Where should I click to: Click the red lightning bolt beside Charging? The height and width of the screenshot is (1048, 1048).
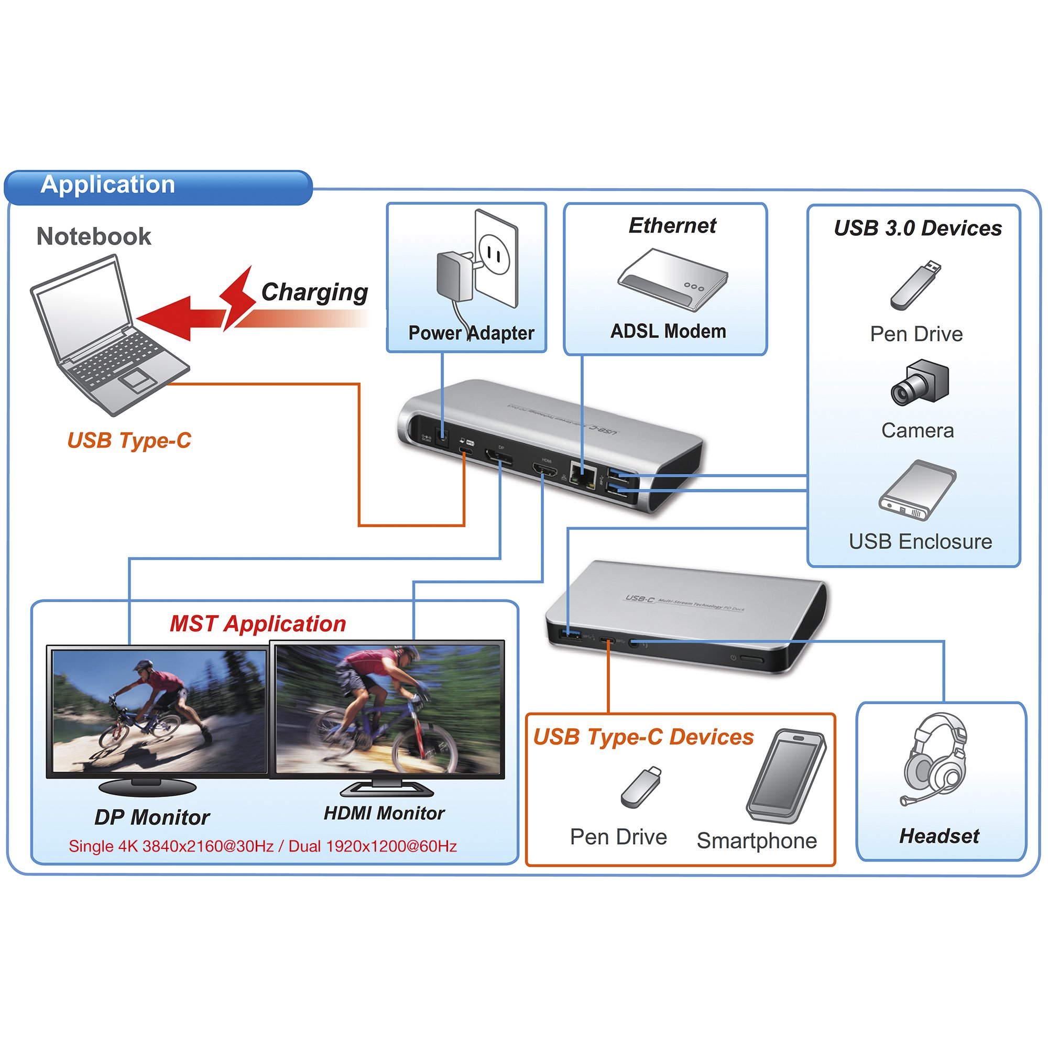pyautogui.click(x=236, y=297)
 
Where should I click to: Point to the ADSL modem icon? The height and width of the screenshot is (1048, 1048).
pyautogui.click(x=673, y=279)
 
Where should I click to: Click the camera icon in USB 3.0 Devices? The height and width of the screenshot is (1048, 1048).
pyautogui.click(x=920, y=383)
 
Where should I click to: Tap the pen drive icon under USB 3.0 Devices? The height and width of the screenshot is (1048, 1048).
pyautogui.click(x=915, y=286)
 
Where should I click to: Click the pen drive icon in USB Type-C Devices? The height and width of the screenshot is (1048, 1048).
pyautogui.click(x=641, y=787)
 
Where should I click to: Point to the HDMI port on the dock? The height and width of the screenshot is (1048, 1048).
pyautogui.click(x=544, y=470)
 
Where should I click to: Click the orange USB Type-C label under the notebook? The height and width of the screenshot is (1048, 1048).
pyautogui.click(x=129, y=441)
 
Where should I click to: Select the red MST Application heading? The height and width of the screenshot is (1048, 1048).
pyautogui.click(x=258, y=624)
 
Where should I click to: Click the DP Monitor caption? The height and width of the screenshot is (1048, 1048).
pyautogui.click(x=152, y=817)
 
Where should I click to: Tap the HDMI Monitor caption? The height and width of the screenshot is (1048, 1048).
pyautogui.click(x=384, y=813)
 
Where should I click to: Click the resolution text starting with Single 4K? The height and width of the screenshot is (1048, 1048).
pyautogui.click(x=263, y=846)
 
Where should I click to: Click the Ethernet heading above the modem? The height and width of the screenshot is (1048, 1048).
pyautogui.click(x=672, y=226)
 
